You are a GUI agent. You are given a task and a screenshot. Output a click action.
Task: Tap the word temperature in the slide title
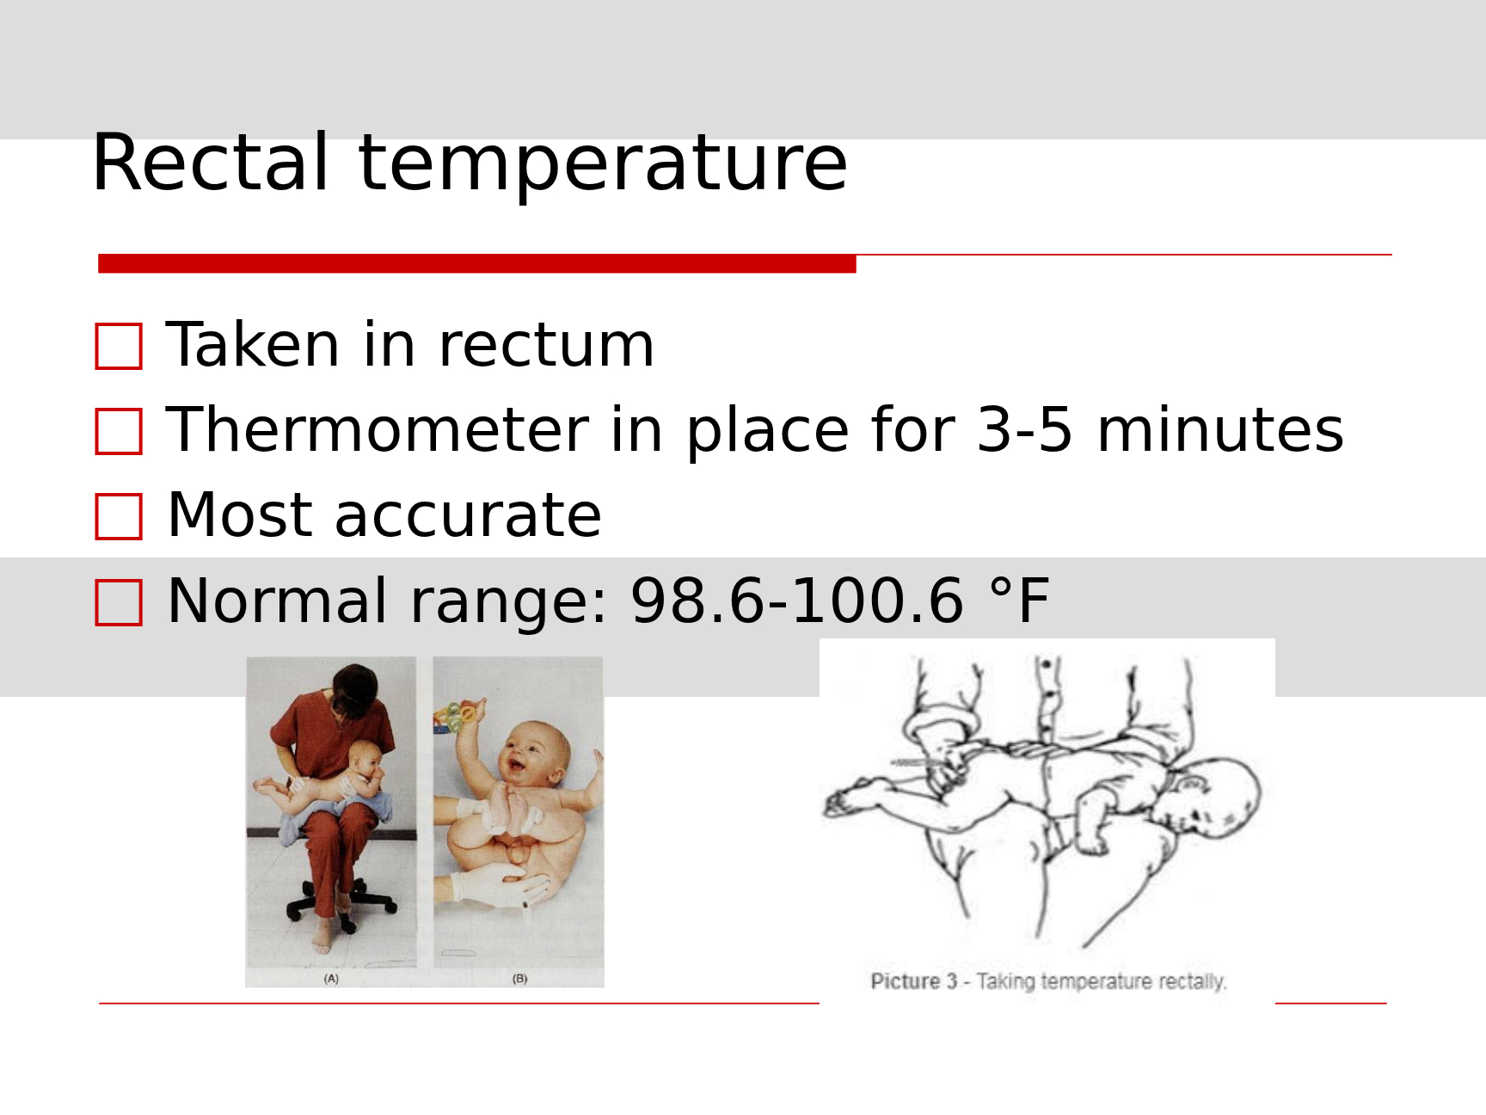point(603,167)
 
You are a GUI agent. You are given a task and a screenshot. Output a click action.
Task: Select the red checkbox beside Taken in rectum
point(119,347)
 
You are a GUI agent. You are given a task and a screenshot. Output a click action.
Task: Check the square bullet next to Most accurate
point(119,517)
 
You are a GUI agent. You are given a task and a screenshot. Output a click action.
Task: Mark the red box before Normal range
point(119,602)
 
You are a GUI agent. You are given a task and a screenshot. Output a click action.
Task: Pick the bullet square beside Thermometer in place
point(119,432)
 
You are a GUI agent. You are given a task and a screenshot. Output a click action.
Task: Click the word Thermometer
point(378,429)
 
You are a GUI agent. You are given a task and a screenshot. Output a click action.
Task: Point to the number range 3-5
point(1025,429)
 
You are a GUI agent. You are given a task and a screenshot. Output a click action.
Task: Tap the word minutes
point(1220,429)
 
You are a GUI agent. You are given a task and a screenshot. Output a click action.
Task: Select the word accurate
point(468,516)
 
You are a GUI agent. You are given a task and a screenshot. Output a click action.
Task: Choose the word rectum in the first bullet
point(546,346)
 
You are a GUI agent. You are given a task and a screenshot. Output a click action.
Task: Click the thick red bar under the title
point(477,264)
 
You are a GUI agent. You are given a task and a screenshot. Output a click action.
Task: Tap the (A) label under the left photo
point(331,978)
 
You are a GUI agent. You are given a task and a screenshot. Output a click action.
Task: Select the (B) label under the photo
point(519,978)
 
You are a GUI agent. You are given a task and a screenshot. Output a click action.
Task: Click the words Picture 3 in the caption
point(913,982)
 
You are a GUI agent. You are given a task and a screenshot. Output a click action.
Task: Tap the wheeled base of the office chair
point(342,910)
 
